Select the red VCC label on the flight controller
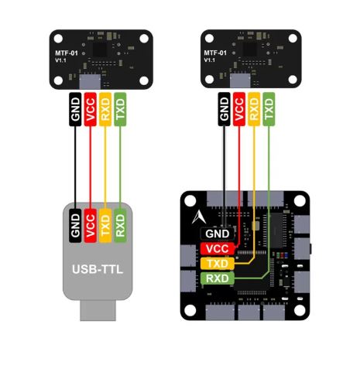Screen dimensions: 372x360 [x=218, y=248]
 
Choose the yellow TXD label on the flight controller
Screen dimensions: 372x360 [x=218, y=263]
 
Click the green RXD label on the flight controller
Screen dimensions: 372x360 [x=218, y=278]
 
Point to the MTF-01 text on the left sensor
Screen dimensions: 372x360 [x=66, y=53]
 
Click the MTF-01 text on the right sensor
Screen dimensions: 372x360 [x=214, y=53]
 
